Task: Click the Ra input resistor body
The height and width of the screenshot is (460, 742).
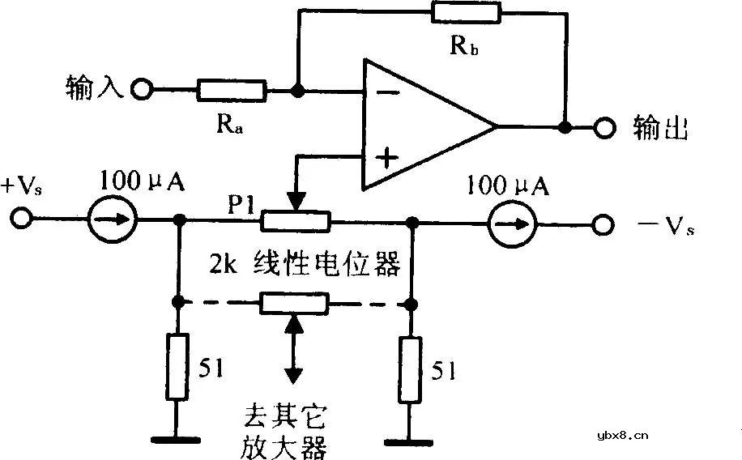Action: tap(231, 89)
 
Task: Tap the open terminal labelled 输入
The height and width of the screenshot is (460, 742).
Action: tap(142, 89)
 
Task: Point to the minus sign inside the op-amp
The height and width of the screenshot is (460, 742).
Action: tap(388, 92)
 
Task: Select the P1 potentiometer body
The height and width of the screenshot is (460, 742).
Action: tap(295, 219)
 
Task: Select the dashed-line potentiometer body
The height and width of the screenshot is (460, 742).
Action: tap(294, 304)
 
